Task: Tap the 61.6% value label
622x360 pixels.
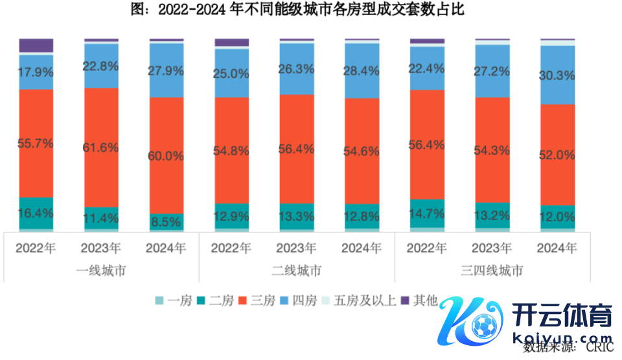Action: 101,148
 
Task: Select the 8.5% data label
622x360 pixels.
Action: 167,221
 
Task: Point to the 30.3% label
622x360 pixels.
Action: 557,76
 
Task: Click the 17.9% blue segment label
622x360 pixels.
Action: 36,72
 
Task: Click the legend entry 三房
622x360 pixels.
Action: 260,300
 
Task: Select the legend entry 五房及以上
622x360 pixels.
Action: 363,300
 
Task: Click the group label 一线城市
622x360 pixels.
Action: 101,271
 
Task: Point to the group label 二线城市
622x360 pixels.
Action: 297,271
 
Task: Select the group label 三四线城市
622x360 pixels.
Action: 492,271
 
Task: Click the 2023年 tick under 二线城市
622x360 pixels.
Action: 297,248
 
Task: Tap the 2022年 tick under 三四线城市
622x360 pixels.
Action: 428,248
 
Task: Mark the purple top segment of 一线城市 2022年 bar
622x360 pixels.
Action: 36,45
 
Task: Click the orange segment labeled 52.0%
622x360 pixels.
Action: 557,155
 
